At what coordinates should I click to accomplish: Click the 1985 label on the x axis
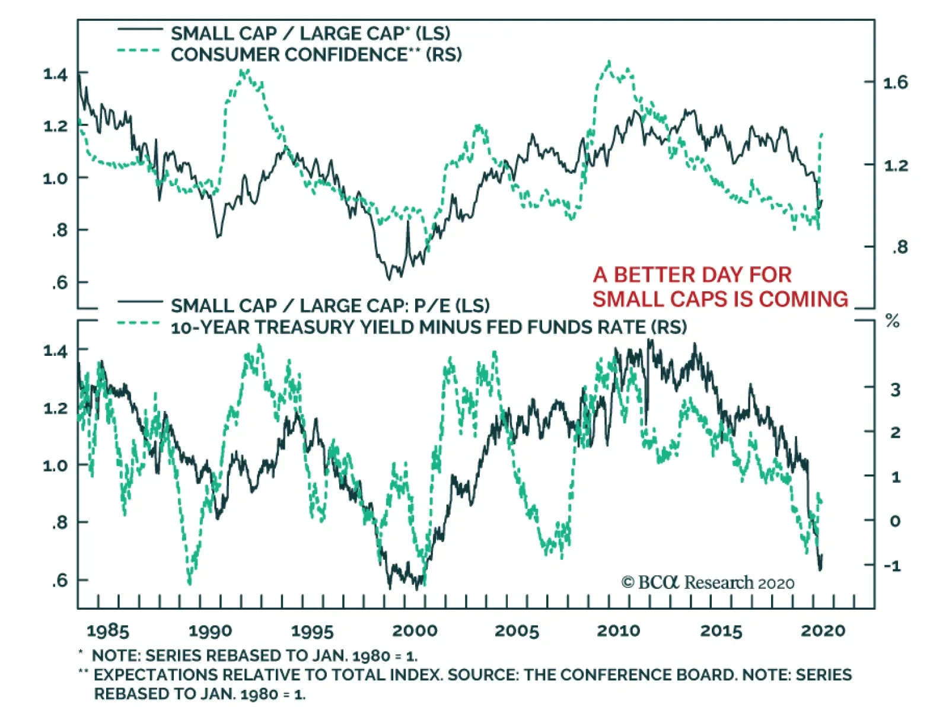pyautogui.click(x=107, y=630)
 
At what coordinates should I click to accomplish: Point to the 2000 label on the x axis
pyautogui.click(x=415, y=630)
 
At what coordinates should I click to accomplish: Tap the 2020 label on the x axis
pyautogui.click(x=823, y=630)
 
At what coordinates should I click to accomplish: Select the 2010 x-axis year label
pyautogui.click(x=618, y=630)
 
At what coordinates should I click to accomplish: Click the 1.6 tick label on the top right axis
pyautogui.click(x=895, y=82)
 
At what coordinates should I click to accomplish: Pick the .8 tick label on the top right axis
pyautogui.click(x=899, y=247)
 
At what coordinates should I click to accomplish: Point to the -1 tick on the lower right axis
pyautogui.click(x=892, y=565)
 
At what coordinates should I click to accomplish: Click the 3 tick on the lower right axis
pyautogui.click(x=895, y=390)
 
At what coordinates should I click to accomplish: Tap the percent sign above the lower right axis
pyautogui.click(x=892, y=321)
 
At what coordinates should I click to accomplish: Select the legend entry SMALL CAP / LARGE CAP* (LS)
pyautogui.click(x=310, y=33)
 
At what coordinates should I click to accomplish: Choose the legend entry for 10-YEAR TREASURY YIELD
pyautogui.click(x=428, y=327)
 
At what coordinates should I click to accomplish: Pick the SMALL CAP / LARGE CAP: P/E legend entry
pyautogui.click(x=330, y=305)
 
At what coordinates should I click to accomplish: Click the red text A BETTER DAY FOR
pyautogui.click(x=692, y=275)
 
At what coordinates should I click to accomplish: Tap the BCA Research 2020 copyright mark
pyautogui.click(x=708, y=582)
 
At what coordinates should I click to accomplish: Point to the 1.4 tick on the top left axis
pyautogui.click(x=55, y=74)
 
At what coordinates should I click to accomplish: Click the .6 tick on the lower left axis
pyautogui.click(x=59, y=580)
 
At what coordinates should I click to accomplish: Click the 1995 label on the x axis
pyautogui.click(x=312, y=630)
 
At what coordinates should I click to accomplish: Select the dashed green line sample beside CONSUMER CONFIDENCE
pyautogui.click(x=139, y=51)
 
